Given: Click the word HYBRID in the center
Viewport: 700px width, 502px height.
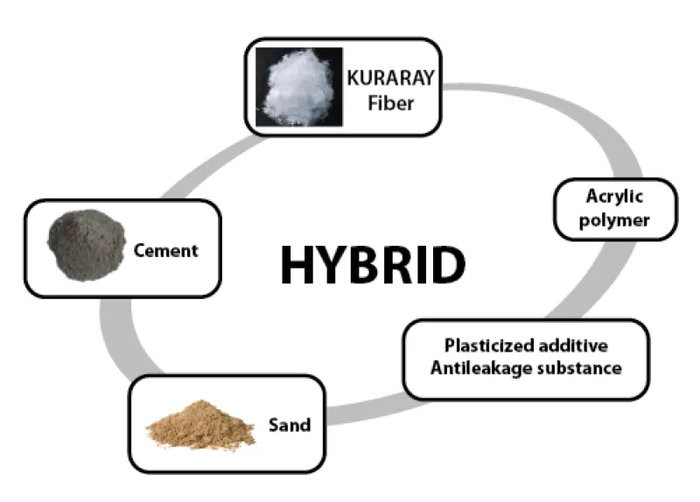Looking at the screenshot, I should pyautogui.click(x=372, y=264).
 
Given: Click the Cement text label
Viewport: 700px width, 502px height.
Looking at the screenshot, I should pyautogui.click(x=166, y=251).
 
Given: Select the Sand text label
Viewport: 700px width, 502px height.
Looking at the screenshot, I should pyautogui.click(x=290, y=425).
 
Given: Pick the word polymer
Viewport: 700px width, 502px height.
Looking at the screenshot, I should pyautogui.click(x=616, y=220).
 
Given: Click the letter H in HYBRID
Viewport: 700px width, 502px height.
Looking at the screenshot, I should pyautogui.click(x=297, y=264).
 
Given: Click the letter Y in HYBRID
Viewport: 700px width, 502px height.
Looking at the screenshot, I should pyautogui.click(x=331, y=264).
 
